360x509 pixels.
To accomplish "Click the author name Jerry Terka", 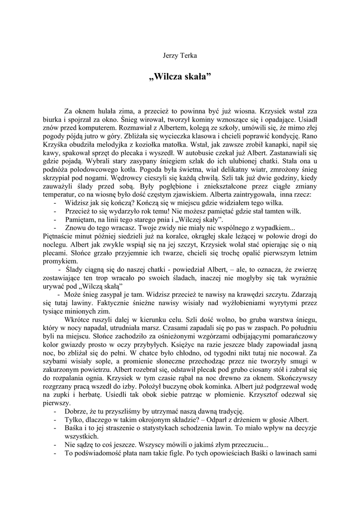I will click(x=180, y=55).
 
